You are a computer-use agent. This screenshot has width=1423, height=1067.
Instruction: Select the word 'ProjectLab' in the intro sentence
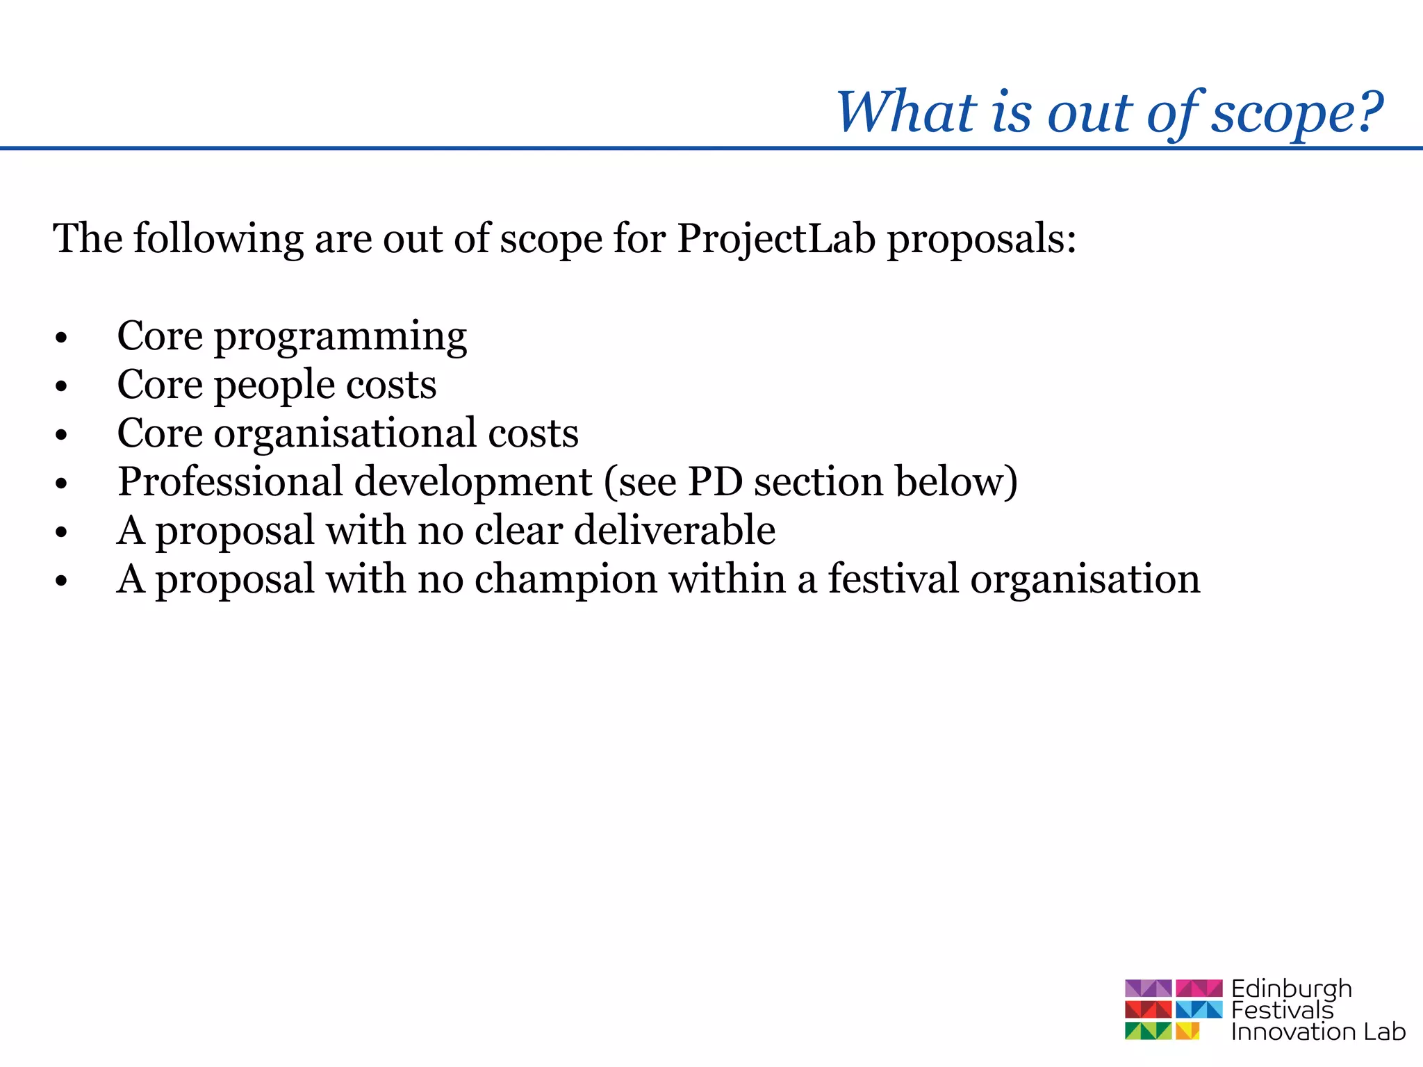point(775,238)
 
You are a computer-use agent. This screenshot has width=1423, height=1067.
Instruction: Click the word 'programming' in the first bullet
point(340,338)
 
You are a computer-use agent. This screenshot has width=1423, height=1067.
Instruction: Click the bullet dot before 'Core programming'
point(62,338)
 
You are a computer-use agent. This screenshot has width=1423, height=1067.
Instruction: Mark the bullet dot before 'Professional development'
point(62,484)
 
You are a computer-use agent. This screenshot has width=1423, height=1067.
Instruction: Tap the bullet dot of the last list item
point(62,581)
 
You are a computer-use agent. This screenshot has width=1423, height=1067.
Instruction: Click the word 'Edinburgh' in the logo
point(1291,989)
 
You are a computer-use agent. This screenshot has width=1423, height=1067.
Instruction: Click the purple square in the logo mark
point(1148,988)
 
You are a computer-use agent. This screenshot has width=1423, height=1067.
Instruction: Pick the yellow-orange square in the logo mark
point(1187,1030)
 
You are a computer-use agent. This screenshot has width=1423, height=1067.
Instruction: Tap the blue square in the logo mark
point(1199,1009)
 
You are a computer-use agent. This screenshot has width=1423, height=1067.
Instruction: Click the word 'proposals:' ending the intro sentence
point(981,240)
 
